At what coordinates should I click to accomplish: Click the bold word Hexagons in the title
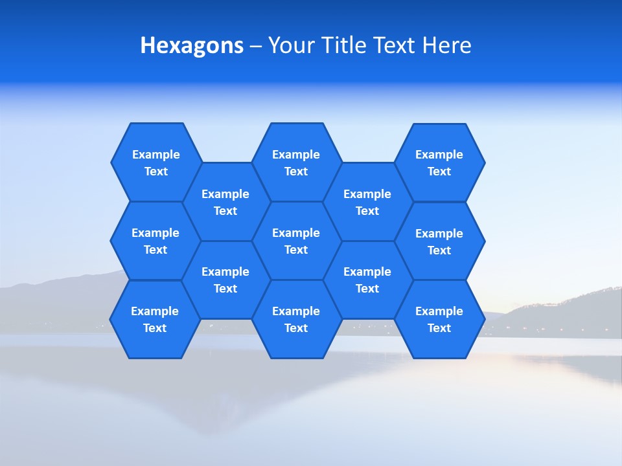tap(192, 45)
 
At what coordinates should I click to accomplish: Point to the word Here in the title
tap(446, 45)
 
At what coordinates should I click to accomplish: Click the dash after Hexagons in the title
tap(255, 46)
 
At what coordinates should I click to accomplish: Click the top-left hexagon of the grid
tap(155, 162)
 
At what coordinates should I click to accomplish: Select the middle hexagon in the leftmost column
tap(155, 241)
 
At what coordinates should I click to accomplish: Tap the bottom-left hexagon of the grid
tap(155, 319)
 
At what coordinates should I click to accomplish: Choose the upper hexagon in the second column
tap(225, 202)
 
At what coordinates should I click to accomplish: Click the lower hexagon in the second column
tap(225, 280)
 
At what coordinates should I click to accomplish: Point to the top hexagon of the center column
tap(296, 162)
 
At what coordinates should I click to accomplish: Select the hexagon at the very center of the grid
tap(296, 241)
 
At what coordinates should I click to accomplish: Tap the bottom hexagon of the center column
tap(296, 319)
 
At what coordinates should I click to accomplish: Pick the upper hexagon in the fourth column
tap(367, 202)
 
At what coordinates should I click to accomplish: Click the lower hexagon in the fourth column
tap(367, 280)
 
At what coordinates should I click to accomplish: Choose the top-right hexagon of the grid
tap(439, 162)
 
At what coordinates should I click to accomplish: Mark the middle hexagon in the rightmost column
tap(439, 241)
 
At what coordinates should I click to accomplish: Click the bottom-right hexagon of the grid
tap(439, 319)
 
